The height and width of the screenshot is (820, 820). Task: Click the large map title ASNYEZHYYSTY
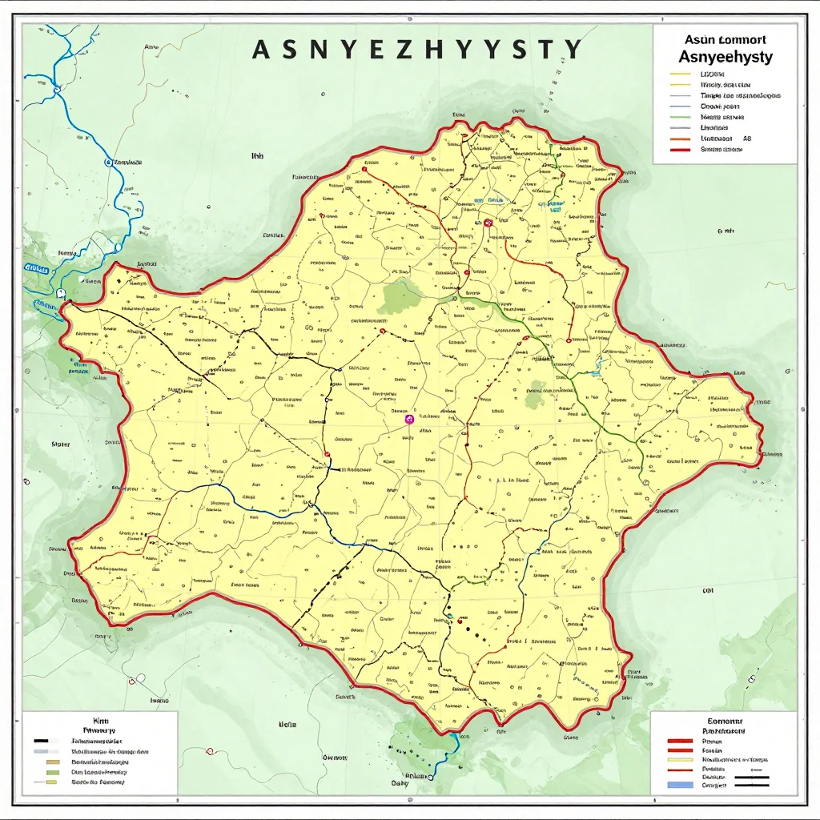417,50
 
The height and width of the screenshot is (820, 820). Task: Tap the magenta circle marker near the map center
408,419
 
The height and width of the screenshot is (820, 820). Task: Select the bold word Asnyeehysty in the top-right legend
726,58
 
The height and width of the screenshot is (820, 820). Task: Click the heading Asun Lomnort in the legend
726,39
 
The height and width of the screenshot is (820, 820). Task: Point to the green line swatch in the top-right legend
680,117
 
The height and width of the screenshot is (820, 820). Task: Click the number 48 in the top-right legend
747,139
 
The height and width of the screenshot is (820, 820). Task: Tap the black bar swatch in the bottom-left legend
41,741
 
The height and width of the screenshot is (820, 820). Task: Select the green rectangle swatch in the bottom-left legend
53,773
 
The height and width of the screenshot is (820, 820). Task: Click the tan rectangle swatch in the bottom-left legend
53,762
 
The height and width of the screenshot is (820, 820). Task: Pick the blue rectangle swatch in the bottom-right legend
680,785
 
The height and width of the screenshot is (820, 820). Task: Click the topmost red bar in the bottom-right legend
680,741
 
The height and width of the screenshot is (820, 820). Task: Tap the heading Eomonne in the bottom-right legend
725,721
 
